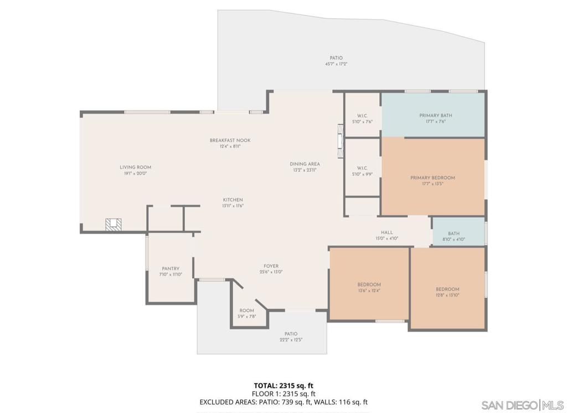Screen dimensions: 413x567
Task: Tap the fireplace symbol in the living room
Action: coord(114,224)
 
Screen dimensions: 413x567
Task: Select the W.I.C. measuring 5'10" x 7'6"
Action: coord(363,119)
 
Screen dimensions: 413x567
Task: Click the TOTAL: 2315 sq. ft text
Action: coord(283,385)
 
